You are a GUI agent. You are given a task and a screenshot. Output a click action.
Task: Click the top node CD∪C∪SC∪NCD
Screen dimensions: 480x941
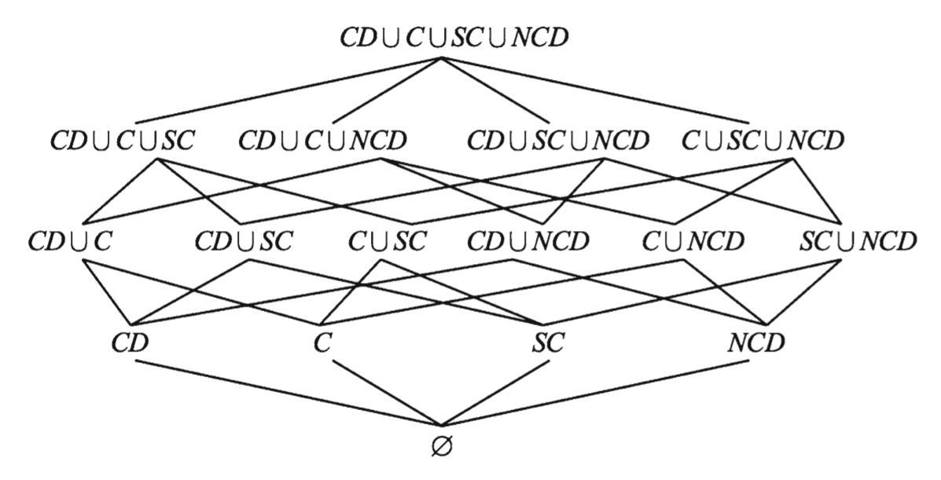(x=454, y=37)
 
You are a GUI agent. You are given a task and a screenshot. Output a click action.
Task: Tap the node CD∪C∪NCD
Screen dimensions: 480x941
(x=323, y=141)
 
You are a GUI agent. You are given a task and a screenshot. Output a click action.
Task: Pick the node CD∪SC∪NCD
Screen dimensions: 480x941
(x=558, y=141)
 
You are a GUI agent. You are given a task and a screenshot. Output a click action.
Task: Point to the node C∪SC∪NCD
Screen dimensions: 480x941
(x=763, y=141)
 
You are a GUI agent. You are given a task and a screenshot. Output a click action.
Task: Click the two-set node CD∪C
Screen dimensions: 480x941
(x=70, y=241)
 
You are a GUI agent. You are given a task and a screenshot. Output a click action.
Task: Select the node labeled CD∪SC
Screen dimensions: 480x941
(x=244, y=241)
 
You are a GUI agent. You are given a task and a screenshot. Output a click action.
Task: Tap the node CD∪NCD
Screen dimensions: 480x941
(x=527, y=241)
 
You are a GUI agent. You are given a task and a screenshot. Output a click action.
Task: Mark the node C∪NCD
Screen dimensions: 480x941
(x=693, y=241)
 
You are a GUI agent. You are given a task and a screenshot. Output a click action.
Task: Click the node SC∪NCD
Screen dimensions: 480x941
(x=858, y=241)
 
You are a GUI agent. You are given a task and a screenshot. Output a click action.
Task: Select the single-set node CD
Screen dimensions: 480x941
(x=130, y=343)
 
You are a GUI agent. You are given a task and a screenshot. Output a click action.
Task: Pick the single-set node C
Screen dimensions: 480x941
(x=322, y=343)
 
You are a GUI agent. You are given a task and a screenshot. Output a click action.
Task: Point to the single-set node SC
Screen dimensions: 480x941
(x=547, y=343)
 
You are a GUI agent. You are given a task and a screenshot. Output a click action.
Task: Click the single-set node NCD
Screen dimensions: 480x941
(x=755, y=343)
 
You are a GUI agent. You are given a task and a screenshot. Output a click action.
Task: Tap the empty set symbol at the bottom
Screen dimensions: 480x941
(x=442, y=446)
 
